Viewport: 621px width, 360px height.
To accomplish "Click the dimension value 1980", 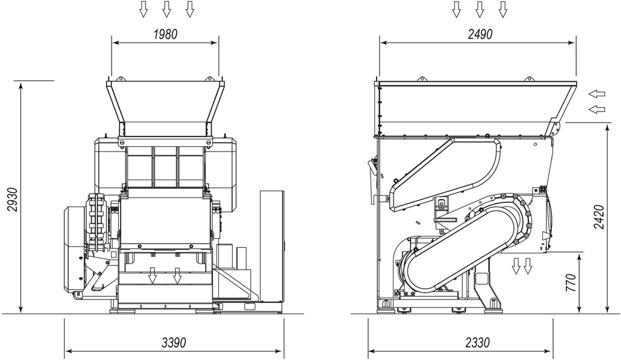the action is (165, 35).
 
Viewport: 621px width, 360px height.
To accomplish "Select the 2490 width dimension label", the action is (480, 35).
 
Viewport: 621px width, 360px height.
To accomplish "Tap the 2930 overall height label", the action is (12, 199).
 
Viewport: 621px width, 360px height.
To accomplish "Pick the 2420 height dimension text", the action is (599, 217).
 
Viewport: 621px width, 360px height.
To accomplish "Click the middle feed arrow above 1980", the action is (167, 9).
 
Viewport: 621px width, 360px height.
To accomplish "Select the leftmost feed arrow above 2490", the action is (457, 9).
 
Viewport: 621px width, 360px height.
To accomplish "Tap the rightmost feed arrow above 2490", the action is (503, 9).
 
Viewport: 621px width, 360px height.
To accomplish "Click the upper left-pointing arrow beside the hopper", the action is (597, 94).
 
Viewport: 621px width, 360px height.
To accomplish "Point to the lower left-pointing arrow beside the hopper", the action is (597, 109).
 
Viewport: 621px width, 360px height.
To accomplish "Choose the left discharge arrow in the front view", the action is (152, 276).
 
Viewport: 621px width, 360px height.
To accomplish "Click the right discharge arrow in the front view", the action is (177, 276).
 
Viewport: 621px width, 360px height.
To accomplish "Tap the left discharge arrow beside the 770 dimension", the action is (515, 265).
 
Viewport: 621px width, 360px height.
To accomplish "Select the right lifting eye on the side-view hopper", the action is (529, 79).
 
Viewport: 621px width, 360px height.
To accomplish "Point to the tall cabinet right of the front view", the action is (272, 247).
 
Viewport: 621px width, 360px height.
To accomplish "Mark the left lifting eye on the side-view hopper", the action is (422, 79).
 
